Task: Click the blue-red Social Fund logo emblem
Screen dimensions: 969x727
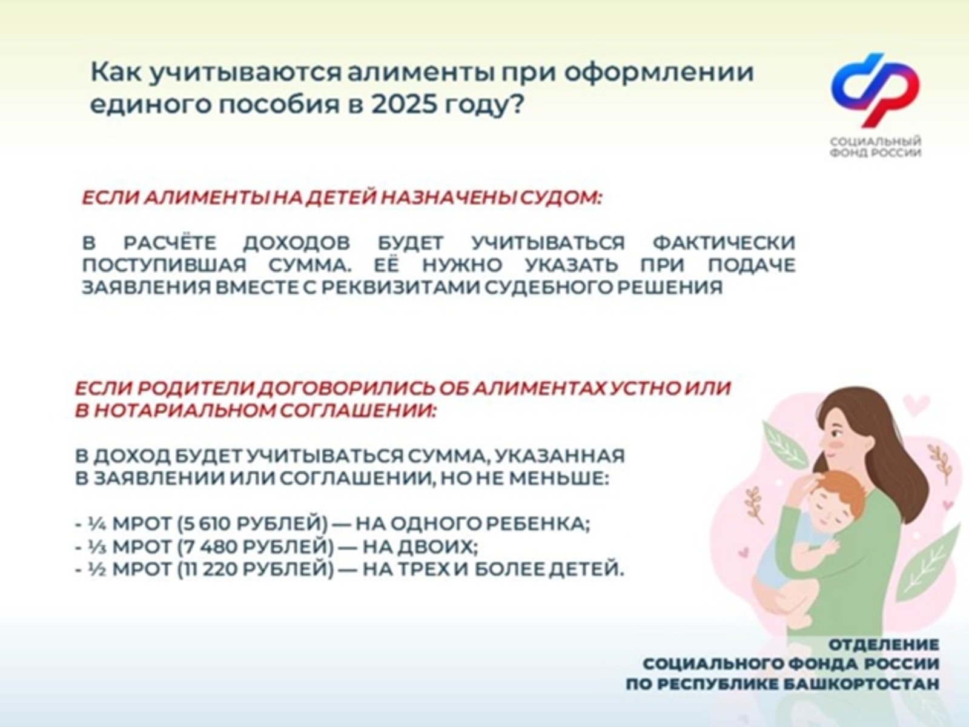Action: (x=875, y=90)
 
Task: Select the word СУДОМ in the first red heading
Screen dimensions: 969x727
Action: (x=560, y=198)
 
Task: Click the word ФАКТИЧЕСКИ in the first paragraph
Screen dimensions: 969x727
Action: (x=724, y=243)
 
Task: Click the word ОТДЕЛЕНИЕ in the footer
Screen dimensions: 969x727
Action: (x=884, y=645)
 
